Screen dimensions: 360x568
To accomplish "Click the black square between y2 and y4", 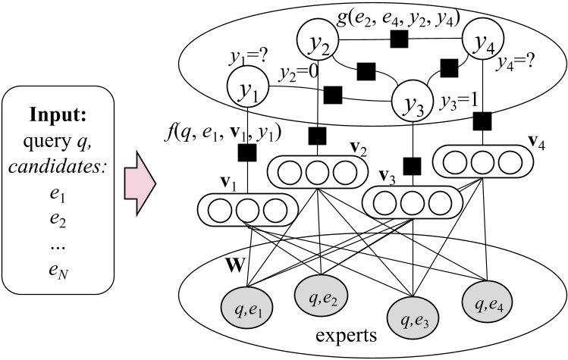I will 394,36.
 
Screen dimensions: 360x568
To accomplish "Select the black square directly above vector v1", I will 245,154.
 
